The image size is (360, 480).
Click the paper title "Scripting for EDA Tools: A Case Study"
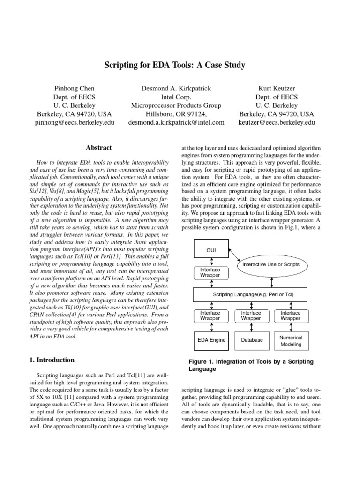[x=174, y=66]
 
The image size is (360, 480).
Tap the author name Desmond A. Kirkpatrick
[x=176, y=88]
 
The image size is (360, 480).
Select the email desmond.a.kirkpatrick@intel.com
[x=176, y=122]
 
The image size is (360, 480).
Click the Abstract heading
[x=99, y=148]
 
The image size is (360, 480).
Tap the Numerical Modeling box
[x=291, y=340]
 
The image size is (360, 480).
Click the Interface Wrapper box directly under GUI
[x=210, y=273]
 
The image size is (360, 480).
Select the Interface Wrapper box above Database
[x=251, y=315]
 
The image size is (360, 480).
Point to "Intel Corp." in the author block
[x=176, y=97]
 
